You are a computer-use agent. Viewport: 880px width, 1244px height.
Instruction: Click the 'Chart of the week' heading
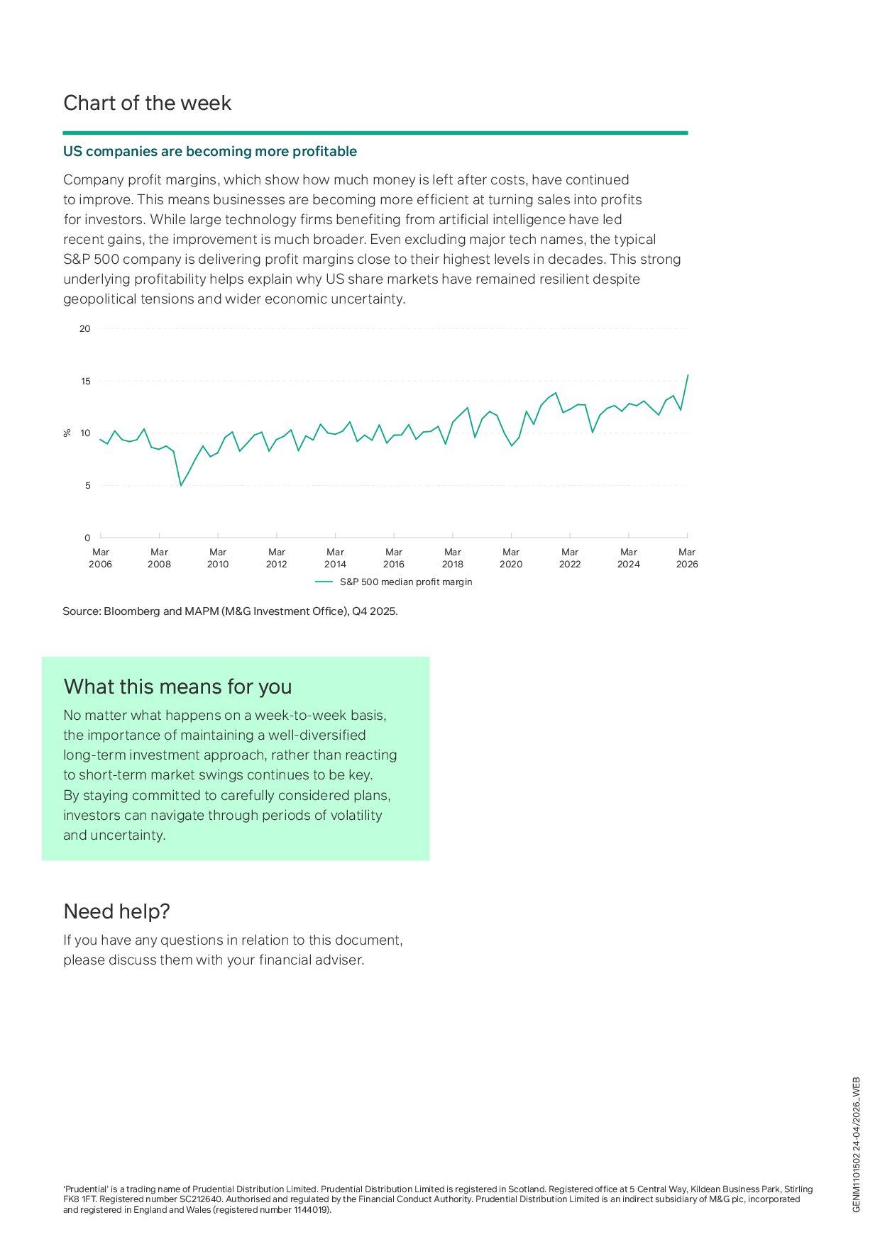click(x=148, y=104)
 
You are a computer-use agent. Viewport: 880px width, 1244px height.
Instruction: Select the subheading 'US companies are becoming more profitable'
click(x=210, y=152)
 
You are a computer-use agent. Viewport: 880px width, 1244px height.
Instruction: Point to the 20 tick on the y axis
click(x=85, y=329)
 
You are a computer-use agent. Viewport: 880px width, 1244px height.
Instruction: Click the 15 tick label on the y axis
click(x=86, y=382)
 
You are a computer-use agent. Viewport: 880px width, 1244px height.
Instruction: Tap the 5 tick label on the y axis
click(x=88, y=486)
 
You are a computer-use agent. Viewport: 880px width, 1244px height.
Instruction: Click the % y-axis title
click(x=67, y=433)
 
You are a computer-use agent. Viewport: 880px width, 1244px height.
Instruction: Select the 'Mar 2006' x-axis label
click(x=101, y=558)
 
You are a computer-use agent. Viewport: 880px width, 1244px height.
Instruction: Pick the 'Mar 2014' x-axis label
click(x=335, y=558)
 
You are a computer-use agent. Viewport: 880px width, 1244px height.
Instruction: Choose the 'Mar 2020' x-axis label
click(x=511, y=558)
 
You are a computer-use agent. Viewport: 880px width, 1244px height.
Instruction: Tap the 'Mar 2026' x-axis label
click(x=687, y=558)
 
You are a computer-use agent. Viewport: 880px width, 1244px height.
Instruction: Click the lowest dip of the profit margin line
click(x=181, y=485)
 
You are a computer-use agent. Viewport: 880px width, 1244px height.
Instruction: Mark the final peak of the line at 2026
click(x=688, y=375)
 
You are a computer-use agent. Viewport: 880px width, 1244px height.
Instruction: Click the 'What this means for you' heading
click(x=178, y=687)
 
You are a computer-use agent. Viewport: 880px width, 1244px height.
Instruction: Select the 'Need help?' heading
click(x=117, y=912)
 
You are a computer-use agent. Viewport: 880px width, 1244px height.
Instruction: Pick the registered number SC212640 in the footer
click(x=201, y=1199)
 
